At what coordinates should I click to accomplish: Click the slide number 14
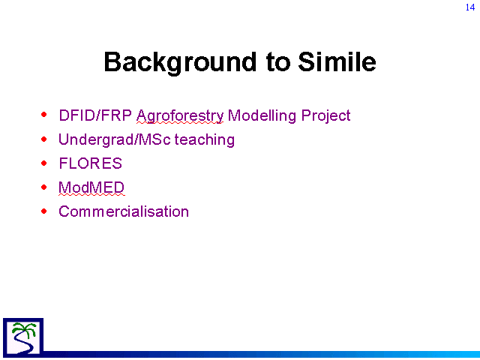tap(470, 7)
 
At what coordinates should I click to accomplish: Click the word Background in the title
tap(180, 63)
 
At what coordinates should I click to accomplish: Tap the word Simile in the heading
tap(337, 61)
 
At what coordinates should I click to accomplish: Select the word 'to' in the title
tap(277, 62)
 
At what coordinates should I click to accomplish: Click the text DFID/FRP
tap(95, 115)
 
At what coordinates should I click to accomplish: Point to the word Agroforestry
tap(180, 117)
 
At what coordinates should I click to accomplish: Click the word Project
tap(325, 117)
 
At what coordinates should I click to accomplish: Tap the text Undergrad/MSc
tap(115, 140)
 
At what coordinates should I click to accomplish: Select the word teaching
tap(205, 140)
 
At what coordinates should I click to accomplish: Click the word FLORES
tap(90, 163)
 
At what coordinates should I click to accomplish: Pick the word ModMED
tap(91, 187)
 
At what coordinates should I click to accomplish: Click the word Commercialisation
tap(124, 211)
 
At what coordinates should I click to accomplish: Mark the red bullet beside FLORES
tap(44, 163)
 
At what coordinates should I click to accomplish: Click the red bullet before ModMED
tap(44, 187)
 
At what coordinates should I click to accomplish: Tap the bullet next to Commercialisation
tap(44, 211)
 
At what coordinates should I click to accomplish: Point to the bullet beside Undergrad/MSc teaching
tap(44, 139)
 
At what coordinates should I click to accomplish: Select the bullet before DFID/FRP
tap(44, 115)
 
